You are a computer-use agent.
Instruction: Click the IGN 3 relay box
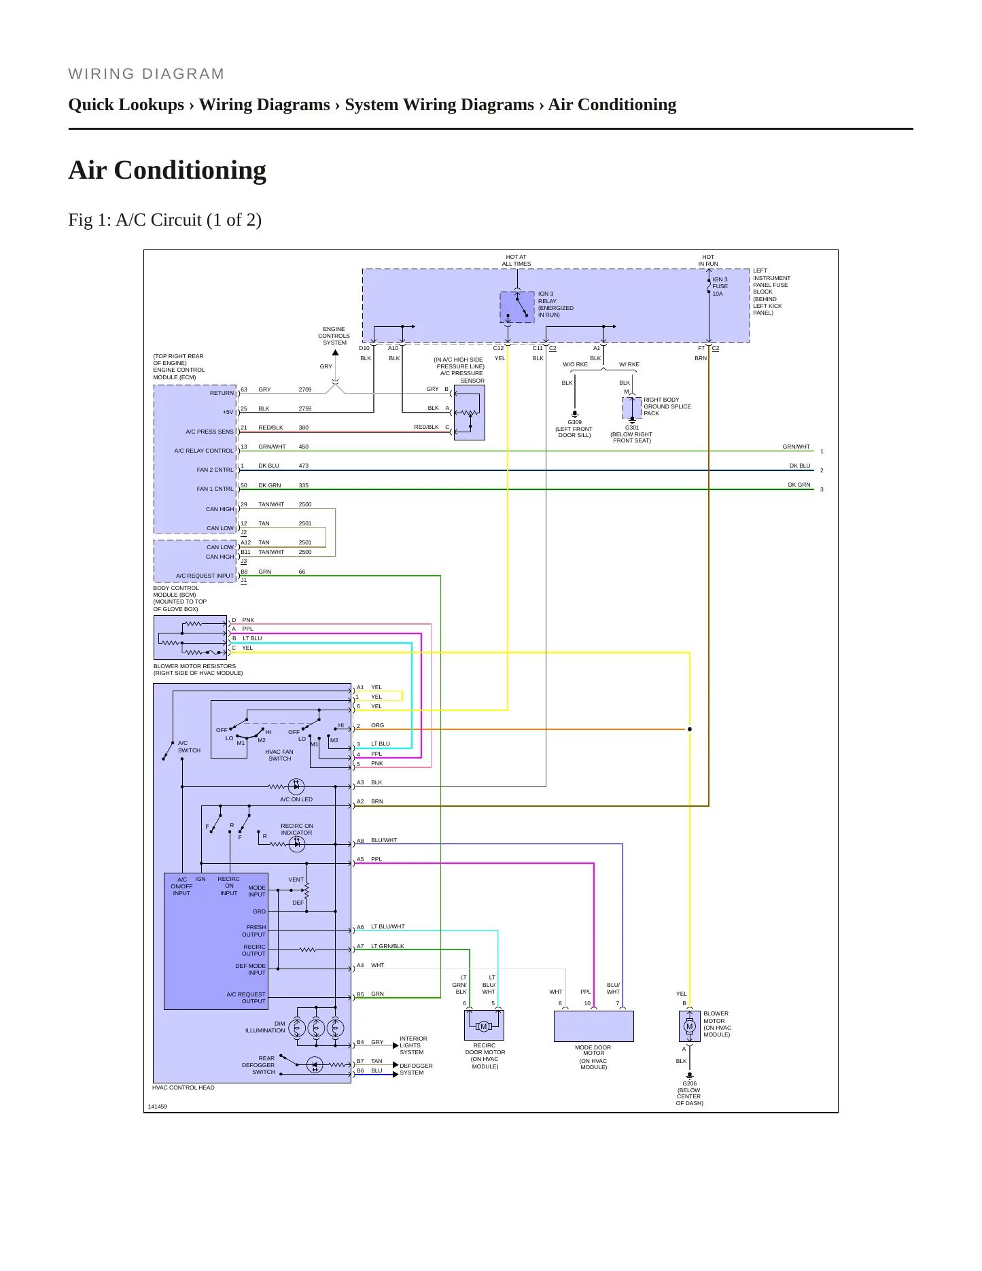(x=517, y=307)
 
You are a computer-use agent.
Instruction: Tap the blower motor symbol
(x=689, y=1026)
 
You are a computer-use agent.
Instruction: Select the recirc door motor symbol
(x=484, y=1026)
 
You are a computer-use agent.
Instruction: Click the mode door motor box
(x=594, y=1026)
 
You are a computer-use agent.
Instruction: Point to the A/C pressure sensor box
(x=469, y=413)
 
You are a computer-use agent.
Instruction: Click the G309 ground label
(x=574, y=422)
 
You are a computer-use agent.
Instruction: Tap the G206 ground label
(x=689, y=1083)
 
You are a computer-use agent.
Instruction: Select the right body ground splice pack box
(x=632, y=408)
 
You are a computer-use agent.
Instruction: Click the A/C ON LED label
(x=296, y=799)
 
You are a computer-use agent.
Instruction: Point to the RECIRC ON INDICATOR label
(x=297, y=829)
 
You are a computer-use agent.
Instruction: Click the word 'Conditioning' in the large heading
(x=190, y=170)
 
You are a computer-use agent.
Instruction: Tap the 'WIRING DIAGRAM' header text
(x=146, y=74)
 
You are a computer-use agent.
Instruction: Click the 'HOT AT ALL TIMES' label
(x=516, y=260)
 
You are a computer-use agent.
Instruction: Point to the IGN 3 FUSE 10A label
(x=720, y=286)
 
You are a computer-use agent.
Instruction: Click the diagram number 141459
(x=158, y=1107)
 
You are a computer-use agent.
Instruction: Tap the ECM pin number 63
(x=244, y=389)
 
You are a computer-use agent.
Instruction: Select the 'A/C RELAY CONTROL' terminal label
(x=204, y=451)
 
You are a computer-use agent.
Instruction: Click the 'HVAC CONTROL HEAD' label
(x=183, y=1087)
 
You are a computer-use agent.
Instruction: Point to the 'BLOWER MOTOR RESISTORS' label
(x=195, y=666)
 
